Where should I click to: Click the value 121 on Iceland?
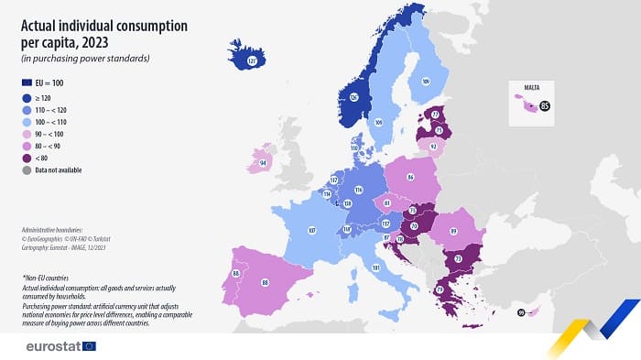tap(254, 60)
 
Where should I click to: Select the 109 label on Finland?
tap(425, 82)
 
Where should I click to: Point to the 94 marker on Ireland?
tap(263, 163)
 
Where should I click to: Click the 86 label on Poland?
tap(410, 174)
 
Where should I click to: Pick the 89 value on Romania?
tap(454, 232)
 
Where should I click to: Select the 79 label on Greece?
tap(440, 289)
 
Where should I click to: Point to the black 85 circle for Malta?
tap(545, 106)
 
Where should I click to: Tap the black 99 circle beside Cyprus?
tap(521, 313)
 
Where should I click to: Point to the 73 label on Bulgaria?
tap(456, 259)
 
